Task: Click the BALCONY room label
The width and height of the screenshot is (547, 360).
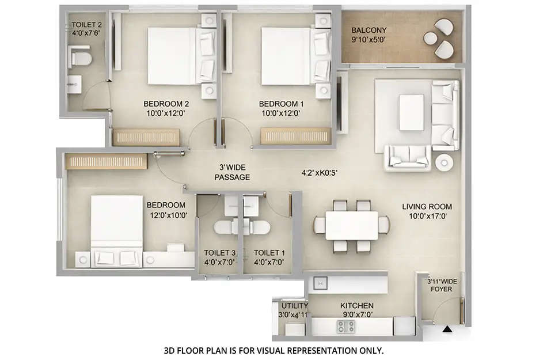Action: tap(369, 31)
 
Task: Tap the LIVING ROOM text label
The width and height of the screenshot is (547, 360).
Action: tap(427, 206)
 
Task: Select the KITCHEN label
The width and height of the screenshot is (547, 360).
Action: tap(356, 305)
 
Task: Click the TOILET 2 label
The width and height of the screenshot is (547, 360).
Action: tap(86, 25)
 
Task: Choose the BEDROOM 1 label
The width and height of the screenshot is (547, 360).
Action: tap(281, 104)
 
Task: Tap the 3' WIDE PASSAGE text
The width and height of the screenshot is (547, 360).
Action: tap(232, 172)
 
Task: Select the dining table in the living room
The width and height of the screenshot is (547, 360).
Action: tap(351, 225)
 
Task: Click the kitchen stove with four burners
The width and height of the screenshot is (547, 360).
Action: tap(345, 327)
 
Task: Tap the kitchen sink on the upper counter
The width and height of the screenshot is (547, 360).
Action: tap(319, 283)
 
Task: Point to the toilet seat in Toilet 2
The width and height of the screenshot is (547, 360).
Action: tap(80, 58)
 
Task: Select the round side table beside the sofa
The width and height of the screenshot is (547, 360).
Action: tap(444, 162)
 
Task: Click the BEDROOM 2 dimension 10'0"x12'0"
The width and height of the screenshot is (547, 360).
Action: tap(166, 113)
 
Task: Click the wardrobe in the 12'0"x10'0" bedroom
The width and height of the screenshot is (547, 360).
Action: tap(107, 161)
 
